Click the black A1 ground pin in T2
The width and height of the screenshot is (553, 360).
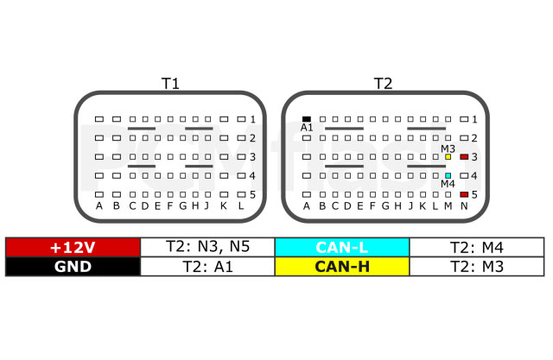pos(307,119)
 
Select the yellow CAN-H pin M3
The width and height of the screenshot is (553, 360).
pos(448,157)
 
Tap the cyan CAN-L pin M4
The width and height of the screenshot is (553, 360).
pos(448,175)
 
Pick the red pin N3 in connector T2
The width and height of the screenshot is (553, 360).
pos(464,157)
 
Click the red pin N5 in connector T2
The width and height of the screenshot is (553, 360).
pos(464,194)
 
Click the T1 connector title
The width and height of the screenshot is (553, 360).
pos(170,84)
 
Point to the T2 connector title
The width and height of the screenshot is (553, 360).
pos(383,84)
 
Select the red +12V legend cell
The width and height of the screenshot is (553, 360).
pos(73,247)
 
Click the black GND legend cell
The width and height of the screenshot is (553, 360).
pos(73,266)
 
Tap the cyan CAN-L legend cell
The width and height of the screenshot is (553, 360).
pos(342,247)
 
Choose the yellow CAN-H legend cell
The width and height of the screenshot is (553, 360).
pos(342,266)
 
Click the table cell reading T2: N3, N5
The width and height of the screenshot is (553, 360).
pos(207,247)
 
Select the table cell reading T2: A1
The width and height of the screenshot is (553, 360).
pos(207,266)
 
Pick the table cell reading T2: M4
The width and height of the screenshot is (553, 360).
pos(477,247)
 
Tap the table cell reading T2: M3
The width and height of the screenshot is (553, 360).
pos(477,266)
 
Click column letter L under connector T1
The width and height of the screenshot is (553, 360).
pos(241,205)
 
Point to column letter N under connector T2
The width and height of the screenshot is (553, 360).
pos(464,205)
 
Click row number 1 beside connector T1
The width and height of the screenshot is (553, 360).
pos(252,119)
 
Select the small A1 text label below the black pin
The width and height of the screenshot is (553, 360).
pos(307,128)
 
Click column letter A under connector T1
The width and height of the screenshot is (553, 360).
pos(99,205)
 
